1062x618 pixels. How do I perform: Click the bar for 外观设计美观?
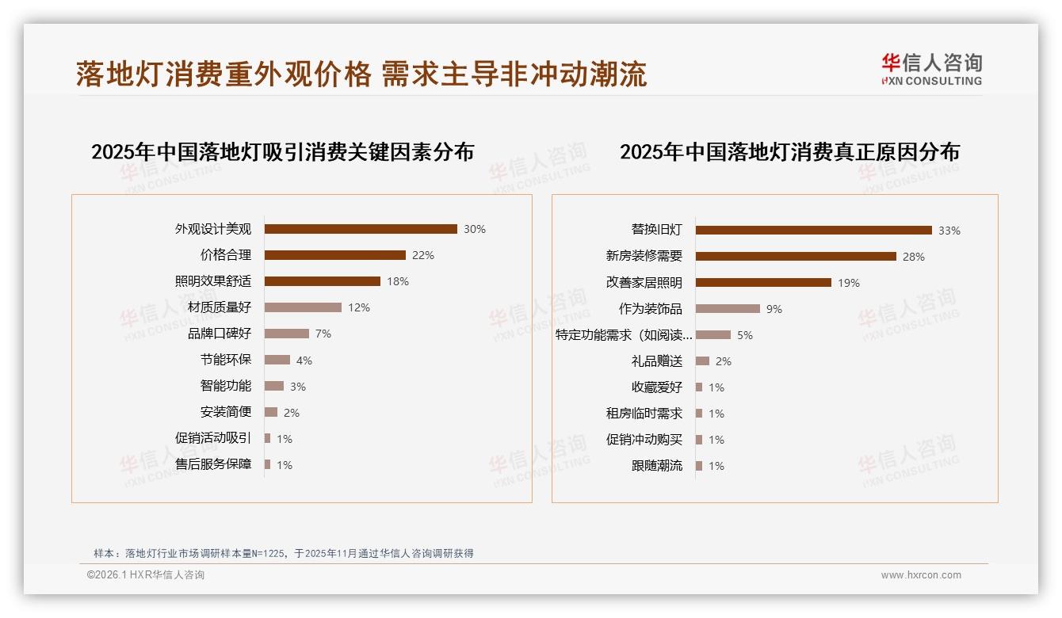click(x=361, y=229)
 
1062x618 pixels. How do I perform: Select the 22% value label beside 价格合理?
click(x=423, y=255)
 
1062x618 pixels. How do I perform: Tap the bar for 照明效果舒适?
click(x=323, y=281)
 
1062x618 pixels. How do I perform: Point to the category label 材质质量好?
click(x=220, y=307)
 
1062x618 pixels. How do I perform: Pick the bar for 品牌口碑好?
click(x=287, y=334)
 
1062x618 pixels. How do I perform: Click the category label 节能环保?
click(x=226, y=360)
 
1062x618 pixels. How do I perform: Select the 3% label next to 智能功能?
click(x=297, y=387)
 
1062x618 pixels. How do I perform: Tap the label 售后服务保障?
click(x=213, y=464)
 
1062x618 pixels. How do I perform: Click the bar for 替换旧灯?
click(x=814, y=231)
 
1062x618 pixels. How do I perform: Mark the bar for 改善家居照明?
click(x=763, y=283)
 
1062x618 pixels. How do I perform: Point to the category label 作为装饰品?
click(x=651, y=309)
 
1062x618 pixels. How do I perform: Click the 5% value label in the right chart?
click(x=745, y=335)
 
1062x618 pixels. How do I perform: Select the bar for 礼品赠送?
click(x=702, y=361)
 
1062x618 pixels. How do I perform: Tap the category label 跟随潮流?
click(x=657, y=466)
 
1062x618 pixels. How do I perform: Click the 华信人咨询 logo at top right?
click(x=931, y=70)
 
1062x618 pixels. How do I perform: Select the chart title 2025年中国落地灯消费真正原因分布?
click(x=789, y=152)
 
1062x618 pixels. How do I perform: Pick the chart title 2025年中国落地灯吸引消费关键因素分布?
click(x=282, y=152)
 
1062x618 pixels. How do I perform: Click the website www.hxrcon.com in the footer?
click(x=921, y=575)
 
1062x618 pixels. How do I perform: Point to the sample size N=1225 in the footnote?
click(x=269, y=554)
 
